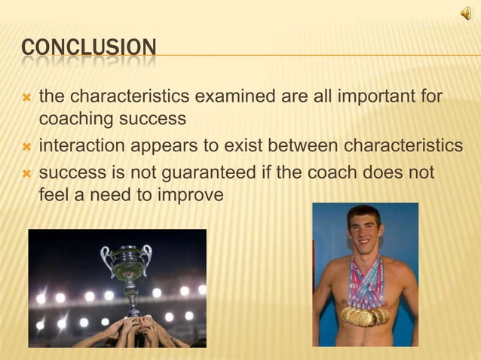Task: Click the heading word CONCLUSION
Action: [x=89, y=49]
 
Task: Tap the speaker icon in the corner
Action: [x=467, y=13]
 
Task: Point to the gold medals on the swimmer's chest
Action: [x=365, y=315]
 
